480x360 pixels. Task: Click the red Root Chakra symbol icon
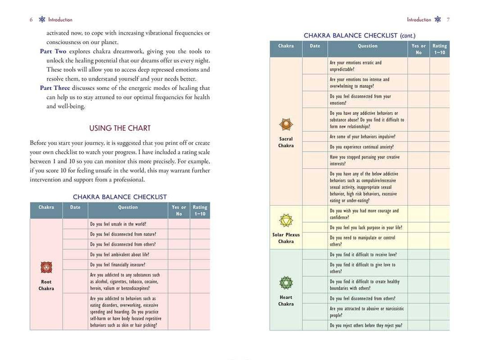46,267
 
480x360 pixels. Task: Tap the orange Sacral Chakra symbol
285,124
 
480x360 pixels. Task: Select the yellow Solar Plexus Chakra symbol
285,220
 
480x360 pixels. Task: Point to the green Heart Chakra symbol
285,283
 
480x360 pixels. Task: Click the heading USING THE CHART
120,128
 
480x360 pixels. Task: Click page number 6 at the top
31,20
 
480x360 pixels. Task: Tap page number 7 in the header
448,20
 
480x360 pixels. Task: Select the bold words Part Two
53,51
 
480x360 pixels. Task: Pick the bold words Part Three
55,88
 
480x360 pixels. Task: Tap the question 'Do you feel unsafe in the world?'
118,224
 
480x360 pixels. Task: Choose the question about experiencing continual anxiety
361,147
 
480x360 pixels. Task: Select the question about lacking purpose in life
366,228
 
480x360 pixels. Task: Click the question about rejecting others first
366,325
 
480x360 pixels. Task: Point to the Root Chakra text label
46,285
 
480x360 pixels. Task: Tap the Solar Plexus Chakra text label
285,238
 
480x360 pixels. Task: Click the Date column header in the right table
315,46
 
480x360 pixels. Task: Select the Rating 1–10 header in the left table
200,210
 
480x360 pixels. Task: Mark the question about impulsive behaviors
362,137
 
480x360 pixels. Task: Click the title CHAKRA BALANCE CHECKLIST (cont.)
360,35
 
